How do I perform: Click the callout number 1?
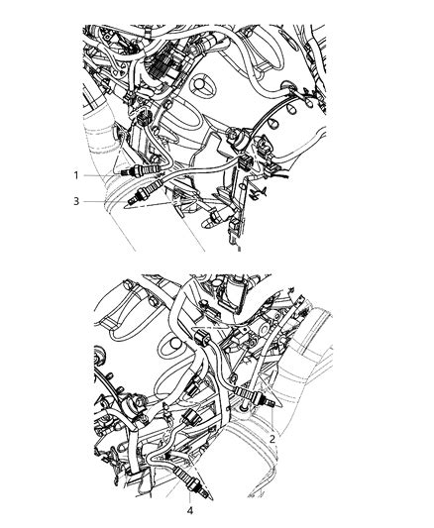(x=76, y=175)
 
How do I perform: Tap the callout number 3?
(x=76, y=201)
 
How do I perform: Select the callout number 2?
(x=272, y=439)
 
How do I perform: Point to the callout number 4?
(x=190, y=511)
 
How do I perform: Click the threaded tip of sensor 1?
(x=125, y=172)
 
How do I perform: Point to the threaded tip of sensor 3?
(x=132, y=201)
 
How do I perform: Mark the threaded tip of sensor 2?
(x=271, y=402)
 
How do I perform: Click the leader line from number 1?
(x=101, y=175)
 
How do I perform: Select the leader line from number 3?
(x=105, y=201)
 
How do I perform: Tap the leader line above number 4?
(x=190, y=497)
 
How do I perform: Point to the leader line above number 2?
(x=271, y=421)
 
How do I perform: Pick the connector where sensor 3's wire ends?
(x=244, y=162)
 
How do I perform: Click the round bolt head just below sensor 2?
(x=245, y=408)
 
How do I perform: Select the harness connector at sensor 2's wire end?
(x=201, y=338)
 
